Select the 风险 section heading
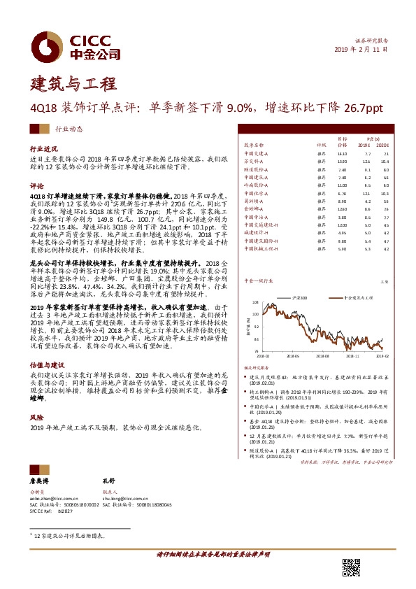pos(36,417)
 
